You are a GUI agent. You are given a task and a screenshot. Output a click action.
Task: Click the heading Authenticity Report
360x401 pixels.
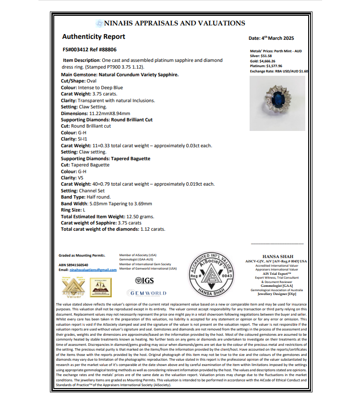[94, 37]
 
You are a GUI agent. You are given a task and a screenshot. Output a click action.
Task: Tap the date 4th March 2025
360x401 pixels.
[271, 38]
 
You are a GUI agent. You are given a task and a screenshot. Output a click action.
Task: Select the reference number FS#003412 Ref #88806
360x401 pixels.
[89, 49]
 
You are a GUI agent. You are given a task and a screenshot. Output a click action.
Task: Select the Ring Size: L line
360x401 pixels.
[74, 210]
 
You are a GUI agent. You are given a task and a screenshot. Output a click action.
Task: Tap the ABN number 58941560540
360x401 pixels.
[73, 265]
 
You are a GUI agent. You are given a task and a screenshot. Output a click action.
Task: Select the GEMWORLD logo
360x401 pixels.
[147, 293]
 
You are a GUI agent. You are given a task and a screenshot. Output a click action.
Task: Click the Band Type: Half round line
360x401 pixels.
[86, 197]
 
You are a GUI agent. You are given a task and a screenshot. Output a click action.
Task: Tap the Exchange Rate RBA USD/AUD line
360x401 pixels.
[279, 71]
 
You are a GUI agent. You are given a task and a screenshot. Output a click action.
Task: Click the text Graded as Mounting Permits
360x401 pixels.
[82, 256]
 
